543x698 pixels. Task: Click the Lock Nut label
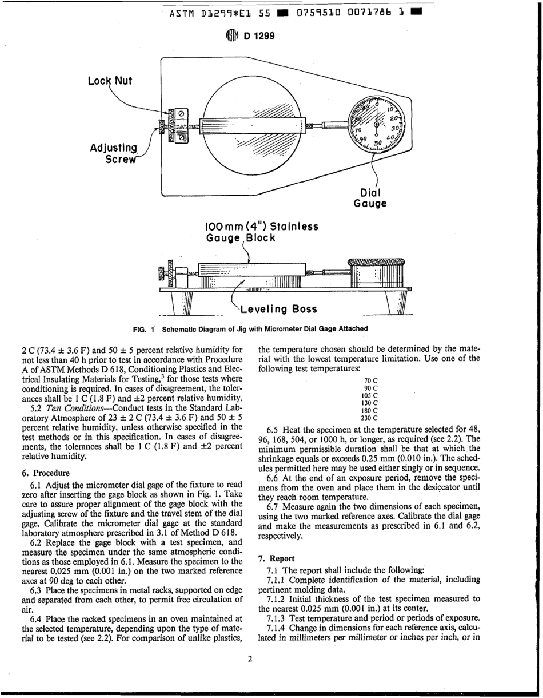click(x=110, y=81)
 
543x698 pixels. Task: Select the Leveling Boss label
click(x=278, y=310)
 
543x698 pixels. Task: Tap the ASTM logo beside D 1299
click(x=234, y=36)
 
